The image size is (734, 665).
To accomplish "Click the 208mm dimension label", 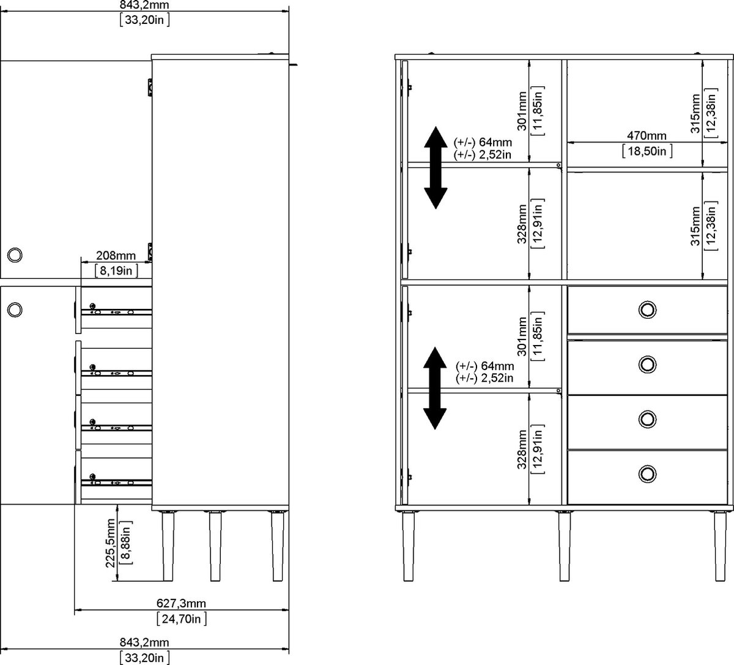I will [x=115, y=256].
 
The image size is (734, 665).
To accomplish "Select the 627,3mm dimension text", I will [x=181, y=603].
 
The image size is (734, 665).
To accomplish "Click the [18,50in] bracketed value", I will [x=647, y=150].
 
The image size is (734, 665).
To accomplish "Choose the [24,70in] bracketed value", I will [x=181, y=619].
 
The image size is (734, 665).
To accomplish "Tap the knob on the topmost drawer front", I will [x=647, y=310].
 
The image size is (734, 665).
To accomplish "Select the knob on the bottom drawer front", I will [x=647, y=473].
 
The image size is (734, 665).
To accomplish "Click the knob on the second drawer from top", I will [x=647, y=365].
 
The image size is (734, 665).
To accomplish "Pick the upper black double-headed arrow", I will [x=436, y=168].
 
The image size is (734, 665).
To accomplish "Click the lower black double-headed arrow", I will [x=434, y=388].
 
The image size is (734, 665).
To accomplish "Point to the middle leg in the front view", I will [x=564, y=546].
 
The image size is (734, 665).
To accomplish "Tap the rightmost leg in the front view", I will [x=720, y=546].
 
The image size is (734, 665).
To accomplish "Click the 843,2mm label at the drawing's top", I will [x=144, y=6].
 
